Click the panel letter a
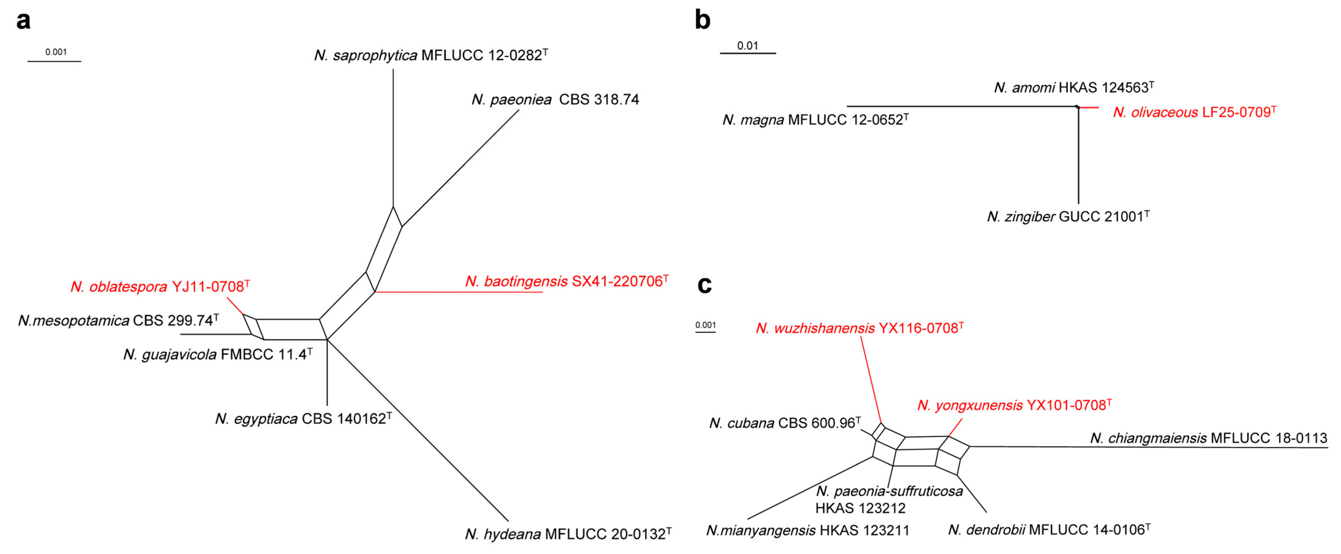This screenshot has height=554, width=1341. click(x=24, y=21)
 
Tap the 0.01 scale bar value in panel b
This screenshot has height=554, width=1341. click(x=747, y=46)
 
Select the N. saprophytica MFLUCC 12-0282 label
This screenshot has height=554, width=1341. click(x=431, y=55)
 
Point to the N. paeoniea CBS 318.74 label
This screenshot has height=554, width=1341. click(x=555, y=99)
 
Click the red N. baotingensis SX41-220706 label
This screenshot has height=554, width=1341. click(x=566, y=281)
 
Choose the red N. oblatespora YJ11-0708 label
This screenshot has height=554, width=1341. click(x=160, y=287)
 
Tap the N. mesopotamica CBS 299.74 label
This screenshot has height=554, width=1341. click(x=118, y=320)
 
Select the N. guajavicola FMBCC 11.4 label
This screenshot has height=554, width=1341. click(x=217, y=354)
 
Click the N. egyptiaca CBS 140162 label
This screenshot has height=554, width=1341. click(x=303, y=419)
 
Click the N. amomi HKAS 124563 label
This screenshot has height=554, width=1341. click(x=1073, y=87)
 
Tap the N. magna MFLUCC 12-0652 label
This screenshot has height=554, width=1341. click(x=815, y=120)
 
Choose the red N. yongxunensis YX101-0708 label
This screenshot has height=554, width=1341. click(x=1014, y=405)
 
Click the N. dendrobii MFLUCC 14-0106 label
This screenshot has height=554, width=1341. click(x=1049, y=530)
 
